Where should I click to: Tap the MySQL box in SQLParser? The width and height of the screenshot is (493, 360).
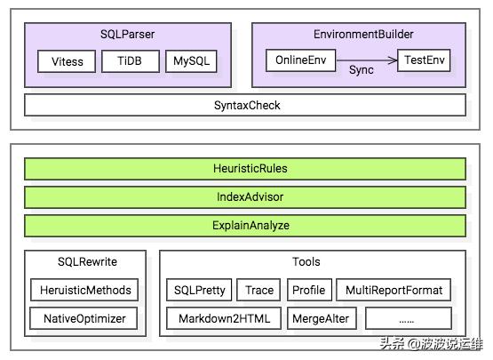[x=190, y=61]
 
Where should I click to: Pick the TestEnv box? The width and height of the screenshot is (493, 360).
[x=424, y=61]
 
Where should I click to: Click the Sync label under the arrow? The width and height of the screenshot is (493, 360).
[x=361, y=69]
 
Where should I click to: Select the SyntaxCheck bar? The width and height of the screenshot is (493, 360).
[x=246, y=105]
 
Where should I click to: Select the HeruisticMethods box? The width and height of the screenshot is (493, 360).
[x=84, y=290]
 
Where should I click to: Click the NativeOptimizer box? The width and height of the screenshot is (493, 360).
[x=84, y=318]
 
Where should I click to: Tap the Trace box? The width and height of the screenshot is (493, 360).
[x=259, y=290]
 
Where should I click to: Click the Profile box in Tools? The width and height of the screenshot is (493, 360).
[x=309, y=290]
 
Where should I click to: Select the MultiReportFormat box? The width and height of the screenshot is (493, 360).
[x=394, y=290]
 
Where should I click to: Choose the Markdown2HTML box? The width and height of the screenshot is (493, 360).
[x=223, y=318]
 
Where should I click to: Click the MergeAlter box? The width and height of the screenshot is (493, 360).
[x=321, y=318]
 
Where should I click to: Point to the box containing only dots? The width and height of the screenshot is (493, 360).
[x=408, y=318]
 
